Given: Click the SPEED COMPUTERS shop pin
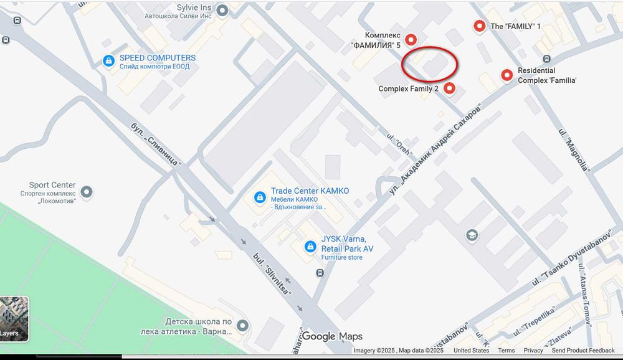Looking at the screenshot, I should (x=108, y=61).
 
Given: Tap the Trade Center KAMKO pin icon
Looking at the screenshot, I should (x=259, y=197).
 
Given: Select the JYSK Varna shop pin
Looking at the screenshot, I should (x=310, y=247).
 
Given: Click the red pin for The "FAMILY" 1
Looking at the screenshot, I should (x=479, y=26).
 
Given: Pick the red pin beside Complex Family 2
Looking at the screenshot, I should (x=449, y=88).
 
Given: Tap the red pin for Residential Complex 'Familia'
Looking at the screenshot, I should (x=507, y=75).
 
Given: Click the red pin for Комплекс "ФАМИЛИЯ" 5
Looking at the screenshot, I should (x=410, y=39).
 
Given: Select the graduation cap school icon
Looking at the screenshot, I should (x=472, y=235).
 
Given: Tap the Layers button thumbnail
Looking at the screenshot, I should (x=14, y=318).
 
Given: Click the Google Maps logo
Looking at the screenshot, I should (x=333, y=337).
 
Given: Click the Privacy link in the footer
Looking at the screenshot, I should (x=533, y=351).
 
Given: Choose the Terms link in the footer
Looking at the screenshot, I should (x=506, y=351).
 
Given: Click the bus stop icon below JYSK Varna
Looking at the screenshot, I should (x=320, y=273).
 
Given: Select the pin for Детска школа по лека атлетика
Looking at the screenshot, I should (x=242, y=325).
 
